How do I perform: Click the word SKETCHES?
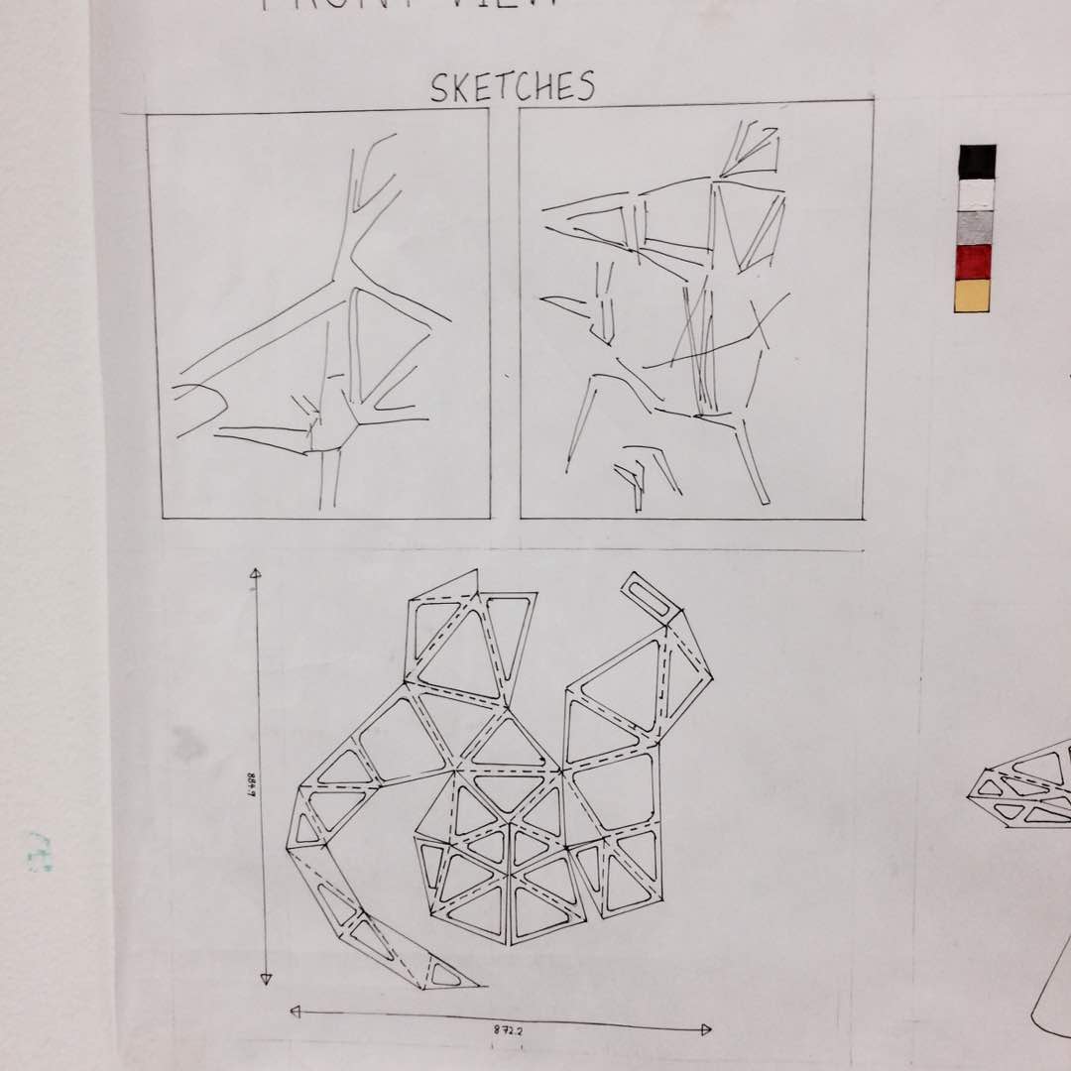[512, 87]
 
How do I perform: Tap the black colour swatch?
[977, 162]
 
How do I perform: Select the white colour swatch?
[977, 194]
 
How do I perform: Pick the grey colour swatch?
[976, 228]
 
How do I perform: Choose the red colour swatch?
[974, 262]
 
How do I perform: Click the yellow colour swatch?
[972, 296]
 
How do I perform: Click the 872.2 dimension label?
[508, 1030]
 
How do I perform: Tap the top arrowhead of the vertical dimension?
[255, 573]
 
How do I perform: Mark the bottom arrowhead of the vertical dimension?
[266, 979]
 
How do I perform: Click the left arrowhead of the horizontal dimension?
[296, 1011]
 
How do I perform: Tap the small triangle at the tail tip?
[444, 975]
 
